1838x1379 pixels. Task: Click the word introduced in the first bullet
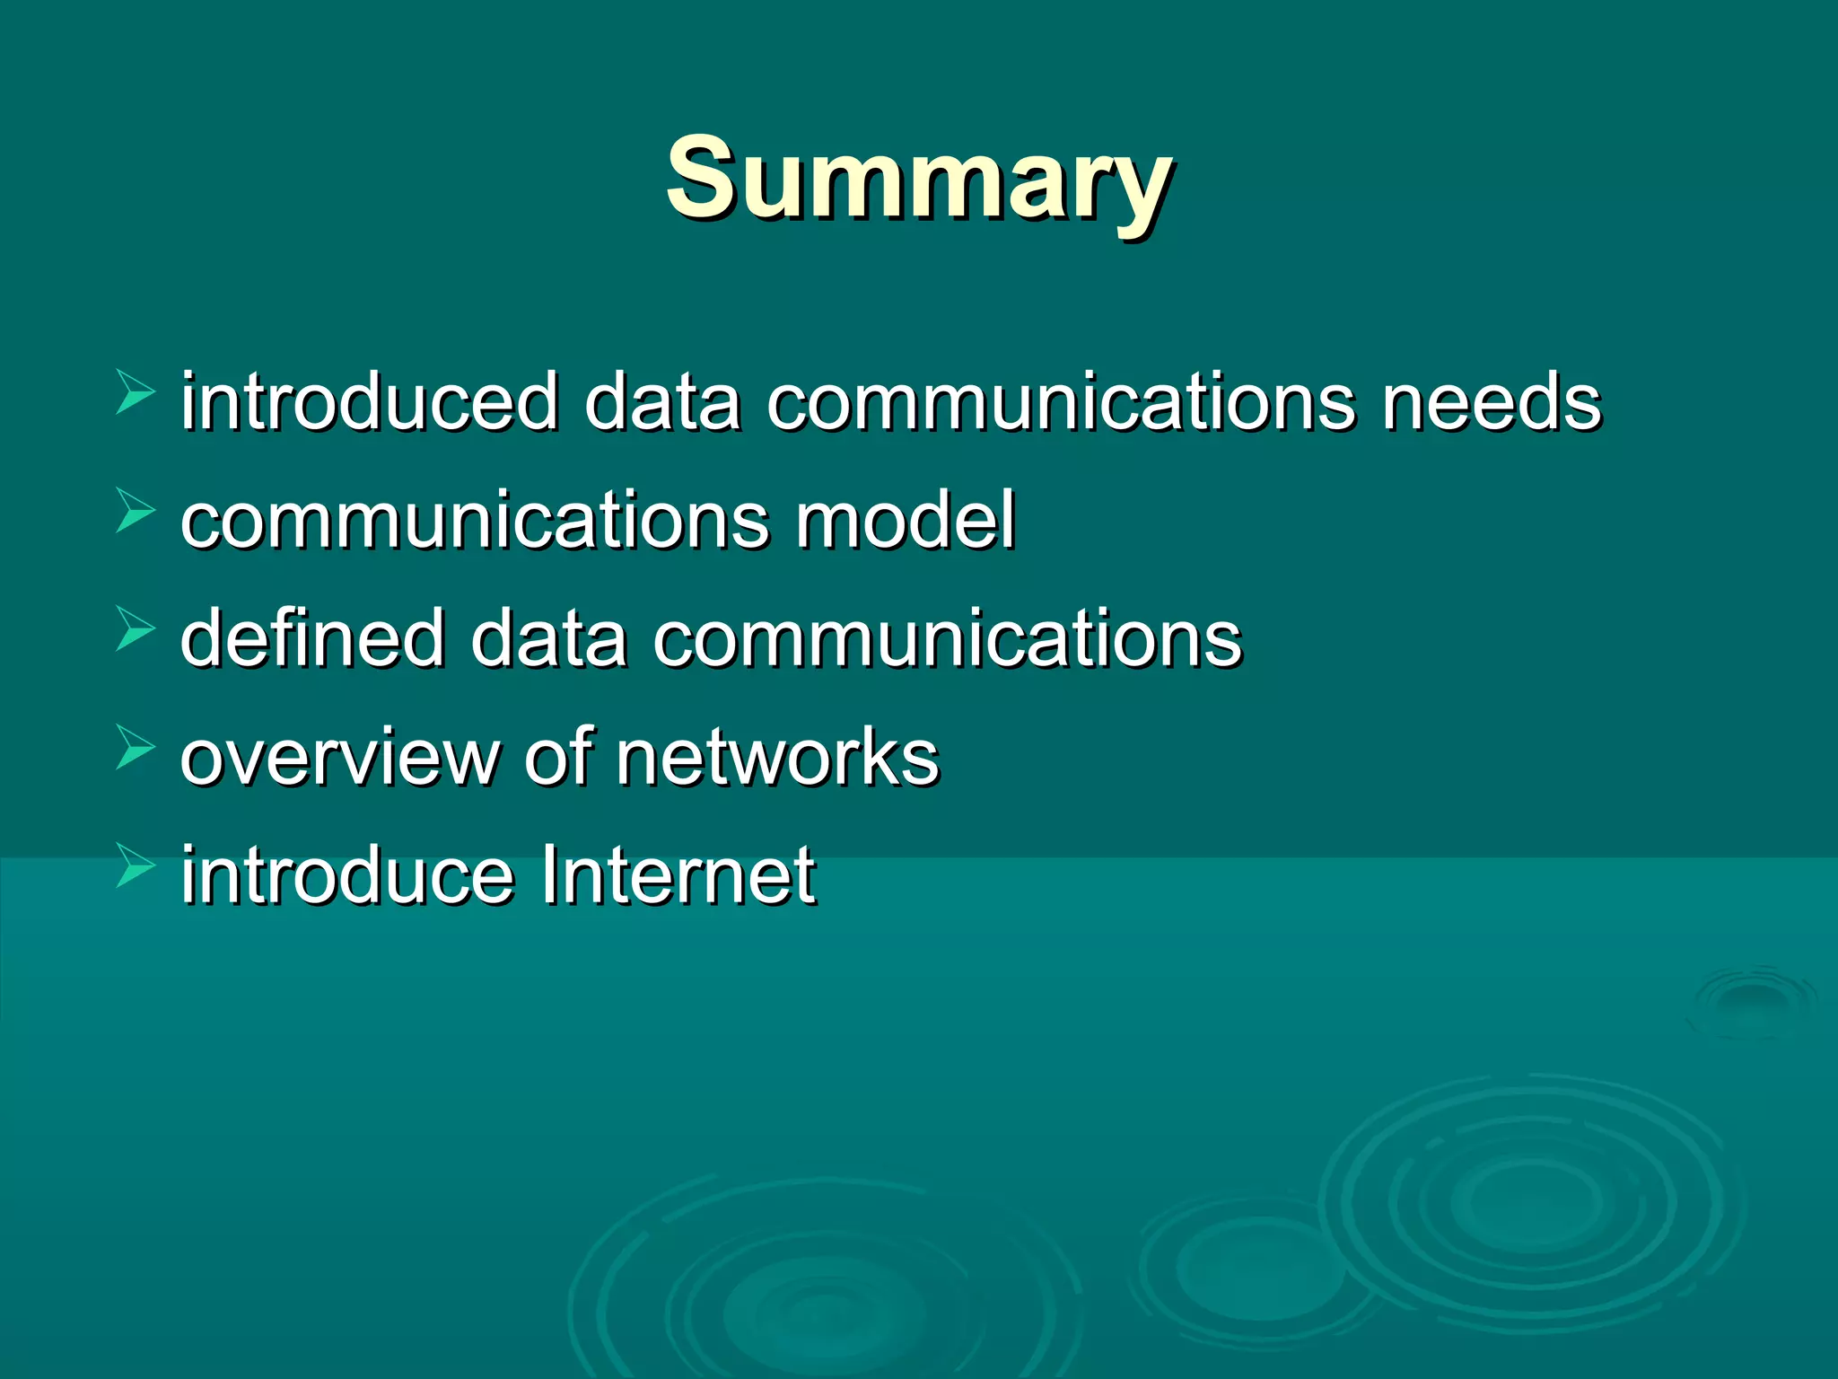coord(370,401)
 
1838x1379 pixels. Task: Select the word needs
coord(1491,401)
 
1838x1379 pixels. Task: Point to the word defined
coord(312,638)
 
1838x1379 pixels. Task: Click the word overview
coord(339,757)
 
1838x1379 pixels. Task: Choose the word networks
coord(777,757)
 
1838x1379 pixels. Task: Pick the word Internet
coord(678,875)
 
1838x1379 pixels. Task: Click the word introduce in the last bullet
coord(347,875)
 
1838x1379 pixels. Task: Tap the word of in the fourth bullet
coord(559,757)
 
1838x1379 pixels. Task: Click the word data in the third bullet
coord(549,638)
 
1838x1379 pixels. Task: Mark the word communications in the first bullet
coord(1061,401)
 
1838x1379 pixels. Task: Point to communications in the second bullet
coord(475,520)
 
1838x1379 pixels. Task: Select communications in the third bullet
coord(947,638)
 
